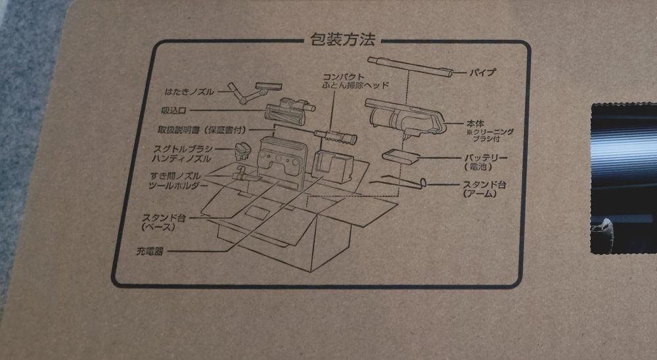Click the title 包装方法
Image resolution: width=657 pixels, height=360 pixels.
coord(343,39)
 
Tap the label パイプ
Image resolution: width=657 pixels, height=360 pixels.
coord(482,72)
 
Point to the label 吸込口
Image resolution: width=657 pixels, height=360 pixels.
coord(173,110)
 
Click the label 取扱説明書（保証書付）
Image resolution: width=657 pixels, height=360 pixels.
coord(202,129)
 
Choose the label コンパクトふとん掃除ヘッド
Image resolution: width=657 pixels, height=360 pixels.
coord(355,81)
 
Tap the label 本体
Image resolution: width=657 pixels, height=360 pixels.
coord(475,124)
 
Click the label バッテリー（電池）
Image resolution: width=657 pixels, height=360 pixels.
coord(486,162)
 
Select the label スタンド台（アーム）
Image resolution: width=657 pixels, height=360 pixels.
coord(484,189)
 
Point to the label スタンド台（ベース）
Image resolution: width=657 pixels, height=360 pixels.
coord(164,222)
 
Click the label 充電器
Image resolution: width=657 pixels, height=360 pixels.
coord(149,252)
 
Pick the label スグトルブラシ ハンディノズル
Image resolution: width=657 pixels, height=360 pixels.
coord(182,154)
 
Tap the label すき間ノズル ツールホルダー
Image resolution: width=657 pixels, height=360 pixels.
coord(177,181)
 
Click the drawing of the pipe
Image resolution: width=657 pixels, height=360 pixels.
coord(410,67)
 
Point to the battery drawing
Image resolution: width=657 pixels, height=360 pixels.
coord(401,157)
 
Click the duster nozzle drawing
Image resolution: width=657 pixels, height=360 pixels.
coord(254,92)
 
